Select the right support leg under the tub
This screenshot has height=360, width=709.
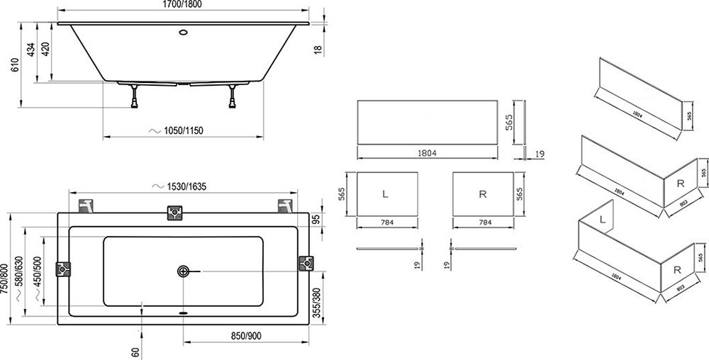coord(233,97)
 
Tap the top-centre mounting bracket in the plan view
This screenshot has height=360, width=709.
coord(174,213)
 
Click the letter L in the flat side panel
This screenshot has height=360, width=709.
coord(384,193)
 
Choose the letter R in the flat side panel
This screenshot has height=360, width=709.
coord(482,193)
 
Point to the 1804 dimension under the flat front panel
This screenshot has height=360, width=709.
coord(427,152)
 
